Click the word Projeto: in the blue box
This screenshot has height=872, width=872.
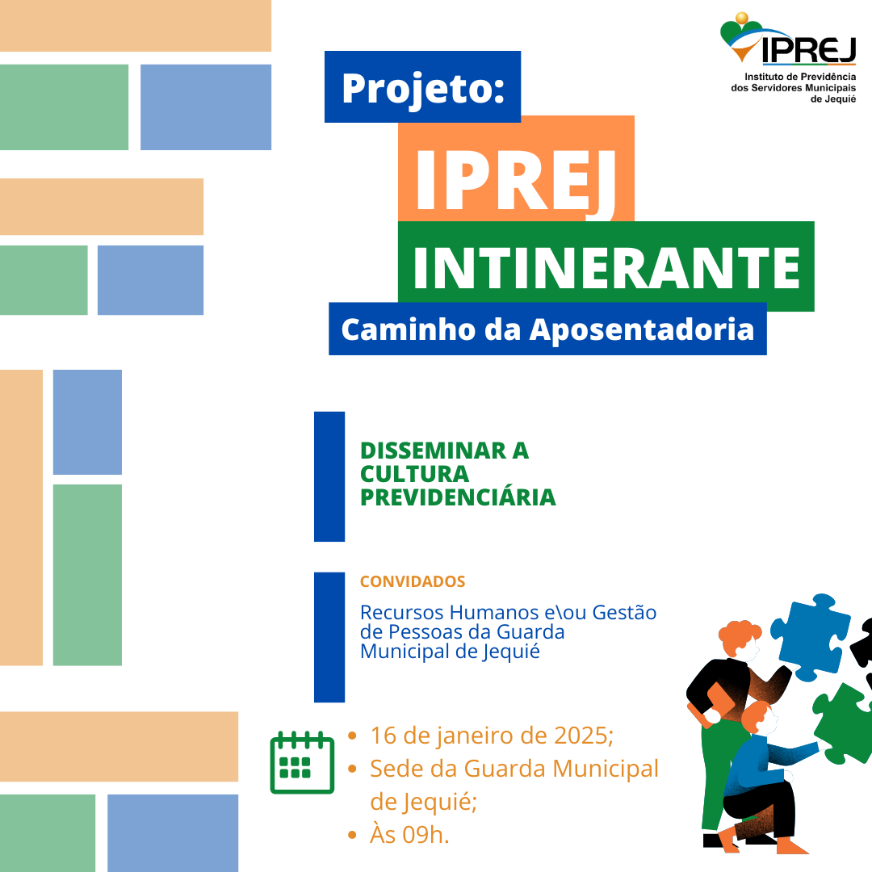(422, 87)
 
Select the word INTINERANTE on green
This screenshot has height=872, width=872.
(606, 267)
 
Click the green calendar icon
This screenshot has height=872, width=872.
(301, 762)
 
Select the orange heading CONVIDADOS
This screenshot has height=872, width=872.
(412, 581)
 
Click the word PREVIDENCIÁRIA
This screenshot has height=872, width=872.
(458, 497)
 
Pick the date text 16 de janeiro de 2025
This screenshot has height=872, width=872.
(489, 736)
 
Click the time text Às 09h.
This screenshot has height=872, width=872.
(409, 835)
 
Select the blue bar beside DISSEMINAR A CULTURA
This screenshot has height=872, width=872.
(329, 476)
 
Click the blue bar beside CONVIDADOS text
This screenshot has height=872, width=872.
(329, 637)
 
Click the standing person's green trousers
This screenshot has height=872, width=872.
(715, 767)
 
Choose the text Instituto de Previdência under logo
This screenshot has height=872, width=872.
(793, 74)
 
